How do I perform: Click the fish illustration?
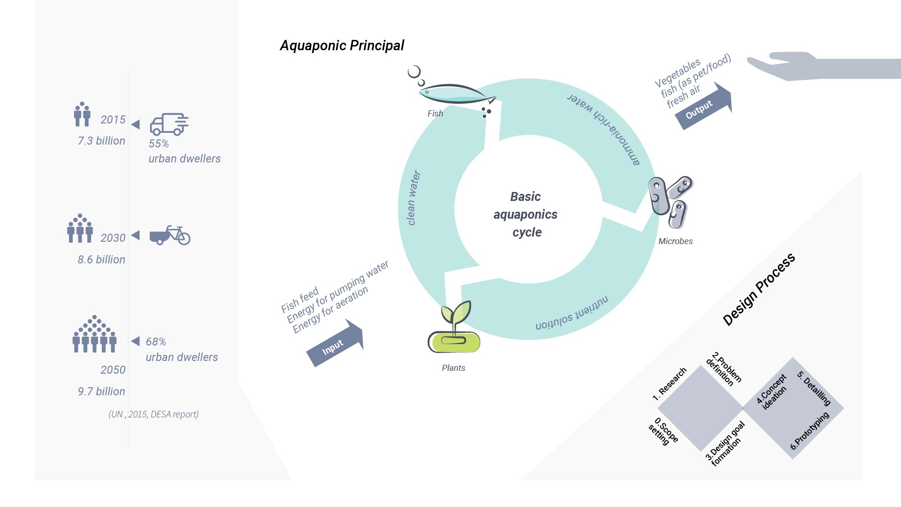pos(456,94)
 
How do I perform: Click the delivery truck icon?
pos(169,124)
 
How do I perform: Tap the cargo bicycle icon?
pos(170,235)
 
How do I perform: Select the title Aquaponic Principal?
pos(342,46)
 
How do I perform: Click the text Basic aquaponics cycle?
pos(526,215)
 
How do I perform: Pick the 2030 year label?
pos(113,238)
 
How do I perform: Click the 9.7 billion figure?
pos(101,392)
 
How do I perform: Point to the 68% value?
pos(156,342)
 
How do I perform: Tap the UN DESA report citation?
pos(153,414)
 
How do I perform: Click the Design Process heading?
pos(759,289)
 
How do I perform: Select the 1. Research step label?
pos(670,384)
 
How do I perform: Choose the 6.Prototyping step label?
pos(810,431)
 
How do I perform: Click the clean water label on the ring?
pos(413,198)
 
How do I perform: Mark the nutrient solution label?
pos(572,313)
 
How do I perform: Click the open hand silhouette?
pos(824,66)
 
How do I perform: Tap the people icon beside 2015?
pos(82,114)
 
